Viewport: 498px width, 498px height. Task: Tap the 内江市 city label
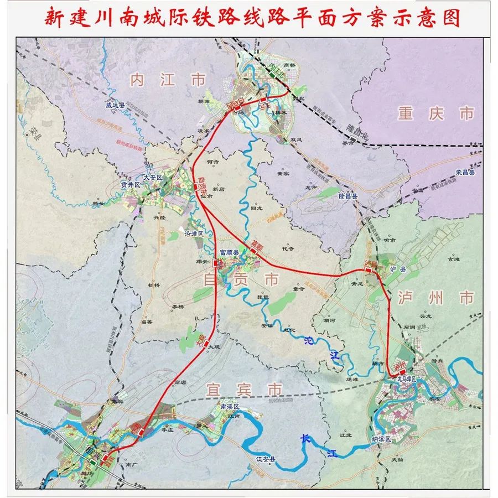tap(167, 81)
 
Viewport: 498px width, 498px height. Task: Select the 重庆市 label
tap(435, 114)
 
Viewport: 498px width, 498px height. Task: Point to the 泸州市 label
tap(435, 298)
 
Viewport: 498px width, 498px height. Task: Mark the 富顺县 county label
tap(229, 252)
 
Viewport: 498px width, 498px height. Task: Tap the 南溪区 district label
tap(229, 407)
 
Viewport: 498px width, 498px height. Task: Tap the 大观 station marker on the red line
tap(206, 344)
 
